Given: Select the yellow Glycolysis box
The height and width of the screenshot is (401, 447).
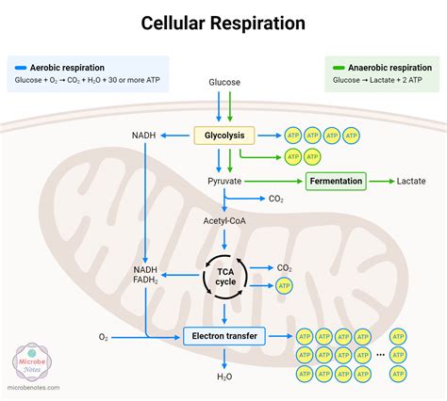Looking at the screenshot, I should [223, 136].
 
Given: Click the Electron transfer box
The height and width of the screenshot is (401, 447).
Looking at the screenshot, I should [224, 335].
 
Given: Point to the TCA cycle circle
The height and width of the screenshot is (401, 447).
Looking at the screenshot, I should [223, 278].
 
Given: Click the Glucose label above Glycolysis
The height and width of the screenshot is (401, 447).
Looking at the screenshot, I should [223, 83].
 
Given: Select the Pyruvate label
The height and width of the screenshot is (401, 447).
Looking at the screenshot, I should [224, 180].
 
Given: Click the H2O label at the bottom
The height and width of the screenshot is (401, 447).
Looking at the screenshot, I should [224, 377].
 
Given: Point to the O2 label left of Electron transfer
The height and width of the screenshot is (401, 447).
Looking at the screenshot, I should [103, 336].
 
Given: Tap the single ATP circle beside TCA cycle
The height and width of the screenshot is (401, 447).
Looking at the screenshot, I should [284, 286].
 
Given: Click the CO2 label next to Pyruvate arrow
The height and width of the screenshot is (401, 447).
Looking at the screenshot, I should [276, 199].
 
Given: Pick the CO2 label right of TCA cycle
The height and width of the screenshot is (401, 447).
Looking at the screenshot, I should [284, 268].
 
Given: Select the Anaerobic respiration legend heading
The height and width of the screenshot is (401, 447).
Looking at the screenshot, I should [388, 68].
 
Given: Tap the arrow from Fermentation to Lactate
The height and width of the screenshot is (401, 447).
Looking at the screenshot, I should [380, 180].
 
